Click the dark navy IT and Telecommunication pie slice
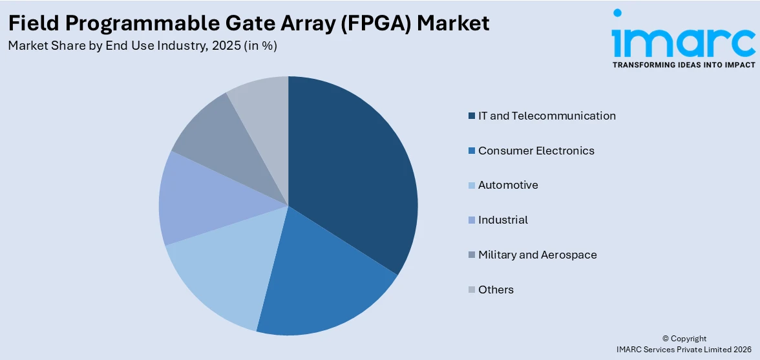tap(352, 175)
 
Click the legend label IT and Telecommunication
tap(547, 116)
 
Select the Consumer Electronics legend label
tap(536, 151)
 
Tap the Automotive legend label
tap(508, 185)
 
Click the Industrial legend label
tap(503, 220)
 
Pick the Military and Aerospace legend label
tap(537, 255)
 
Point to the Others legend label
tap(496, 290)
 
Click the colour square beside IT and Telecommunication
tap(472, 116)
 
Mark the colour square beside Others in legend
tap(472, 290)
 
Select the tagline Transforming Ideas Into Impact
tap(683, 65)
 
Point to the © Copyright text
tap(684, 339)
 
